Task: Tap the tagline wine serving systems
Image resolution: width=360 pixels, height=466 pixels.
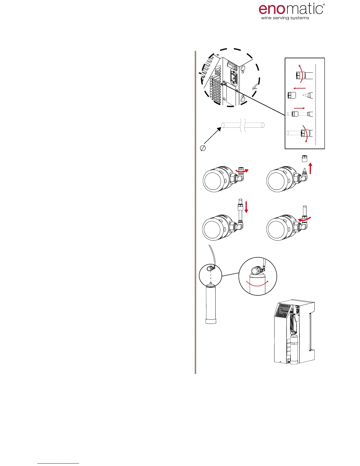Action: click(285, 18)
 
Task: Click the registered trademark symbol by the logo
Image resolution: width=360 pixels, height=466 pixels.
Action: click(324, 5)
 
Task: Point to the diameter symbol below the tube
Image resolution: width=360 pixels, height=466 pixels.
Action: click(203, 149)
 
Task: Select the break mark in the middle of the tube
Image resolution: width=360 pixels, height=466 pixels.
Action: click(242, 125)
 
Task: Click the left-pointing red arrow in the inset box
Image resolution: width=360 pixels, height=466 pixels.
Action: click(299, 88)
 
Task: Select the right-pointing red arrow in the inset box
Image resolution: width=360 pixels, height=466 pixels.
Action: click(299, 108)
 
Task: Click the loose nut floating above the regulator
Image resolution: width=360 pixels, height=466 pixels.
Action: click(305, 159)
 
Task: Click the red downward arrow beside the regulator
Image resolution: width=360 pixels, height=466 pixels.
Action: click(246, 207)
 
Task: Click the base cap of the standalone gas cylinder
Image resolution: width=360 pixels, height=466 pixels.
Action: click(210, 320)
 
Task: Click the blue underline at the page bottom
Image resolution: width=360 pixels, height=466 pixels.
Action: click(58, 463)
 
